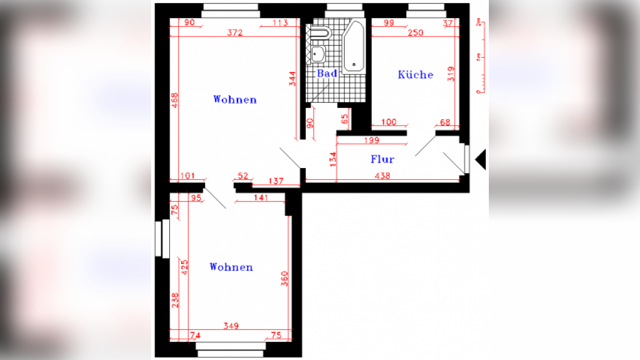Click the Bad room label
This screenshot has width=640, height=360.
[327, 73]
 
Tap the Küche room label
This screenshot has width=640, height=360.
[415, 74]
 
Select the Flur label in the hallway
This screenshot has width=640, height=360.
[382, 160]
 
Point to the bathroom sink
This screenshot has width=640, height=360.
[318, 55]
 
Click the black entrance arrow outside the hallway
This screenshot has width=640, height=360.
[480, 159]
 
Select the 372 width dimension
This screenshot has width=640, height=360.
[235, 33]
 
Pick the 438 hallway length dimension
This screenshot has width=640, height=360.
[382, 176]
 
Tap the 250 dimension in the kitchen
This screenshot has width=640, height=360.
[415, 33]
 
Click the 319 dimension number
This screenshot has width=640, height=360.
[451, 74]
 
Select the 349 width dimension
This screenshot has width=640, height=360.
[231, 326]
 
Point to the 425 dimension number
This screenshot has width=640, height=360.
[184, 268]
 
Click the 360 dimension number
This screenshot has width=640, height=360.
[285, 280]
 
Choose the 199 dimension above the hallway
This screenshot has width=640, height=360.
[371, 141]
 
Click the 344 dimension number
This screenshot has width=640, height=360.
[292, 80]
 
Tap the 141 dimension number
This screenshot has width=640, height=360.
[262, 198]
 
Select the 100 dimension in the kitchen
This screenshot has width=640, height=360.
[389, 122]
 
